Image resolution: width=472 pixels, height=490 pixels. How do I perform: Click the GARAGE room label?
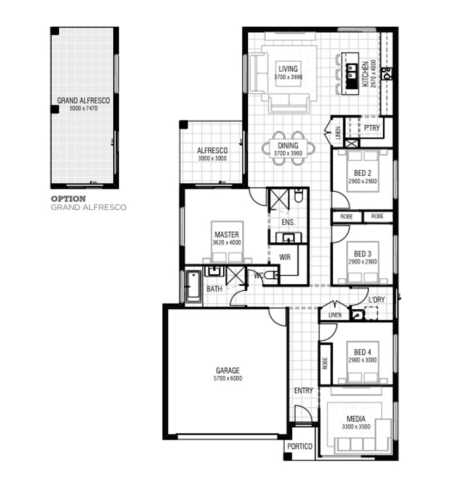tap(228, 370)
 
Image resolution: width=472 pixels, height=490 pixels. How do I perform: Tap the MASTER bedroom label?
tap(227, 234)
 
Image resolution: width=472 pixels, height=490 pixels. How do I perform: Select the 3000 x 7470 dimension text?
tap(83, 108)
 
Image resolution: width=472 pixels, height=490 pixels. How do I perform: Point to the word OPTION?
tap(69, 199)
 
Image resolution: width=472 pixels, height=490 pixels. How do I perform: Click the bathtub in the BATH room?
tap(193, 286)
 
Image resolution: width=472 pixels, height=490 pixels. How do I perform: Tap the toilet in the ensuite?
tap(299, 195)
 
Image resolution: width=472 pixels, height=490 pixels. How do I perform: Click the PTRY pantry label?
tap(372, 128)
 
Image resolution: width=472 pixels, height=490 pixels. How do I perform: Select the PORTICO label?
tap(299, 446)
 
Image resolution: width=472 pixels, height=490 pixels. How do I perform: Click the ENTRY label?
tap(303, 390)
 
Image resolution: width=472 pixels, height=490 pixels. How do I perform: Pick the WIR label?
tap(285, 257)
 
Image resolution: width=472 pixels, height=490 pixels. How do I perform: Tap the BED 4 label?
tap(363, 352)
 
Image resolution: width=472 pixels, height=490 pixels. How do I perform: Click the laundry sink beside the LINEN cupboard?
tap(357, 315)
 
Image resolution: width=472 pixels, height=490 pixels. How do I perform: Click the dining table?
tap(289, 149)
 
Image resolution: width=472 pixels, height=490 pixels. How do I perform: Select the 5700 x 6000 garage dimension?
tap(228, 378)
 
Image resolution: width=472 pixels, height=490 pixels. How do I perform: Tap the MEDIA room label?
tap(356, 419)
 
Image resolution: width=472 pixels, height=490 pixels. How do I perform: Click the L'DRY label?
tap(377, 299)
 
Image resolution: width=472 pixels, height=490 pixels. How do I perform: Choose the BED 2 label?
tap(363, 173)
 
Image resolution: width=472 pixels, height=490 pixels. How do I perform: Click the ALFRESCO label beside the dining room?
tap(212, 150)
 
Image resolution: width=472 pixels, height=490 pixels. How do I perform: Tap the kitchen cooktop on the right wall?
tap(387, 73)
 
